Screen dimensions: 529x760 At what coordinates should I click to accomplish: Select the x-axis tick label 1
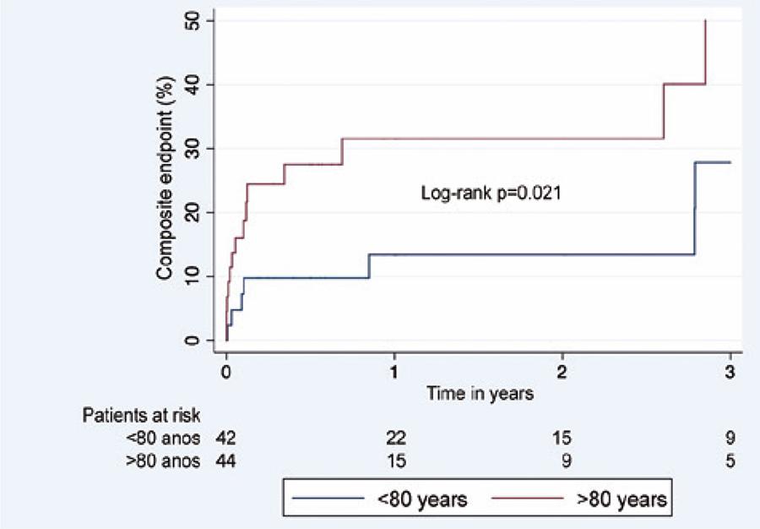394,373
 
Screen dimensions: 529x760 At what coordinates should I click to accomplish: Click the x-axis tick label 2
562,373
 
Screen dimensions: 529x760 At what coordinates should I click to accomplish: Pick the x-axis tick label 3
730,373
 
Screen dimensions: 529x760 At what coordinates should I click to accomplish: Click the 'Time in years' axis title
478,393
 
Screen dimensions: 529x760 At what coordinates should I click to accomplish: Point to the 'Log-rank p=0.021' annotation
492,194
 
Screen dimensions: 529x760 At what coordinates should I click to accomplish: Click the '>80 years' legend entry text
622,500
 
